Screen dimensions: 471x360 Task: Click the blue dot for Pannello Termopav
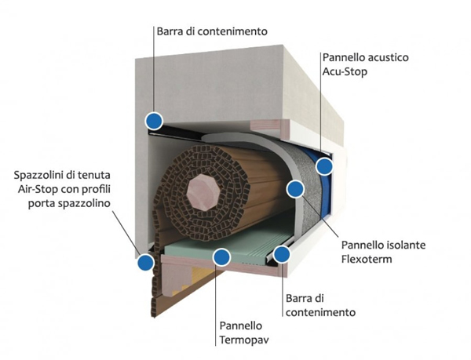pos(221,257)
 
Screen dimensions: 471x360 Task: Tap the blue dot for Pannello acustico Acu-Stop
pos(324,166)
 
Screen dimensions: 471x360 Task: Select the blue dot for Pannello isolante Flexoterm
pos(295,189)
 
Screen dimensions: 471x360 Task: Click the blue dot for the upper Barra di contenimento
pos(154,122)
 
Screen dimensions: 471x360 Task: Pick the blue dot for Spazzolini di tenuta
pos(146,262)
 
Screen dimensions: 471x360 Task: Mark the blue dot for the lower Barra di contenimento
pos(282,254)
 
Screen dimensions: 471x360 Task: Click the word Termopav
pos(244,340)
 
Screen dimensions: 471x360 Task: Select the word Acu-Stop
pos(345,72)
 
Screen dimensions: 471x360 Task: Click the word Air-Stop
pos(38,189)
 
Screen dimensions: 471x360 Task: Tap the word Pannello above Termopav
pos(241,325)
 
